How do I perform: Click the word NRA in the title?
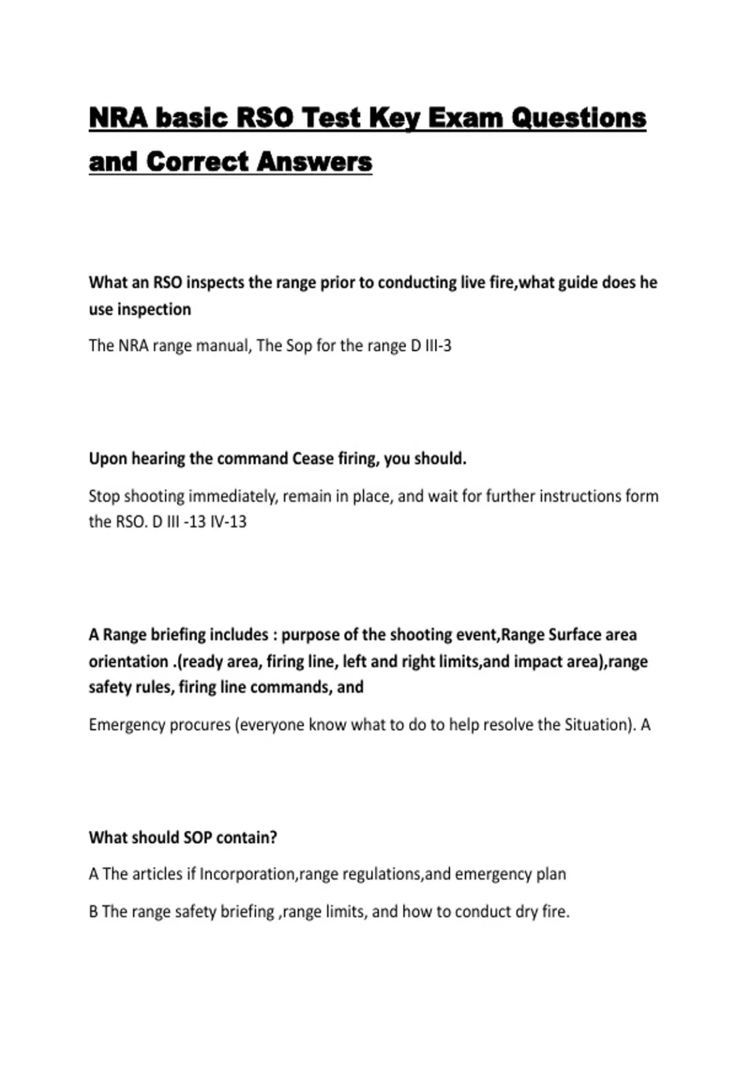tap(118, 118)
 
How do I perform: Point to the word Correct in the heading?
tap(197, 162)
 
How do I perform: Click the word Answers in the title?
tap(314, 162)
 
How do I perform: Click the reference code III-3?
tap(438, 346)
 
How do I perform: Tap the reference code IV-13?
tap(228, 522)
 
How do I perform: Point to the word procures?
tap(200, 725)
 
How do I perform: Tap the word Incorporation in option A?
tap(247, 874)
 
